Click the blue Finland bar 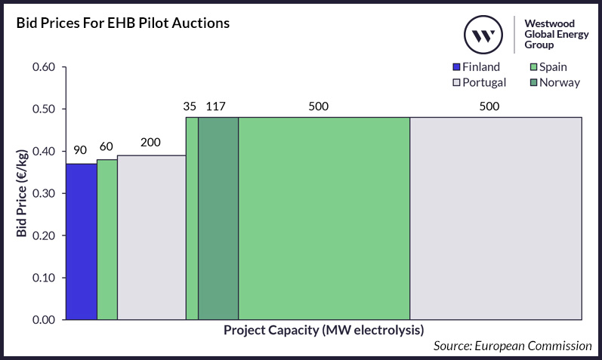pyautogui.click(x=81, y=242)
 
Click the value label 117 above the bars pyautogui.click(x=215, y=106)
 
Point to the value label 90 pyautogui.click(x=80, y=149)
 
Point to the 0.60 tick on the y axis pyautogui.click(x=44, y=67)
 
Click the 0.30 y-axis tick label pyautogui.click(x=44, y=193)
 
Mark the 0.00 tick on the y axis pyautogui.click(x=44, y=320)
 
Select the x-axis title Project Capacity pyautogui.click(x=323, y=331)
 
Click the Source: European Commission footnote pyautogui.click(x=513, y=346)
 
